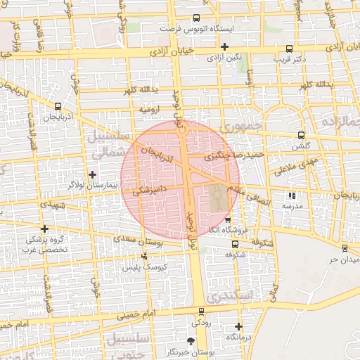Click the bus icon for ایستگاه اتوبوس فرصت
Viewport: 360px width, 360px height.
click(196, 20)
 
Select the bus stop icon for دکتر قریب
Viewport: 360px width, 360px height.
click(290, 49)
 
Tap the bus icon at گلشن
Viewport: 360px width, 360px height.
click(302, 136)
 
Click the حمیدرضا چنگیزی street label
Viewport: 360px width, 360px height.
click(235, 155)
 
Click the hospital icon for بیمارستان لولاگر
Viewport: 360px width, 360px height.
click(92, 174)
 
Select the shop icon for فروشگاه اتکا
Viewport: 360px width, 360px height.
click(227, 220)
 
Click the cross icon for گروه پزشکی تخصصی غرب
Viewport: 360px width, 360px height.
click(45, 229)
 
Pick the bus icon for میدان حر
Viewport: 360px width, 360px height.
click(345, 247)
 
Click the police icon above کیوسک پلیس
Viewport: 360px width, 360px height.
click(144, 257)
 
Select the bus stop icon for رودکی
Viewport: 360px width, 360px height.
click(202, 311)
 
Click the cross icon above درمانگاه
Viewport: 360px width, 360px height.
click(239, 326)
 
